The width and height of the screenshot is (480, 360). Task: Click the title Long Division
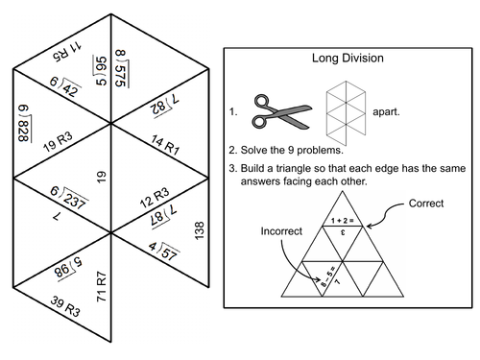click(348, 58)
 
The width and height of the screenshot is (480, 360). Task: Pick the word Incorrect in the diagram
click(280, 231)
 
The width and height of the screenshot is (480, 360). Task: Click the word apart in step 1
click(385, 112)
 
